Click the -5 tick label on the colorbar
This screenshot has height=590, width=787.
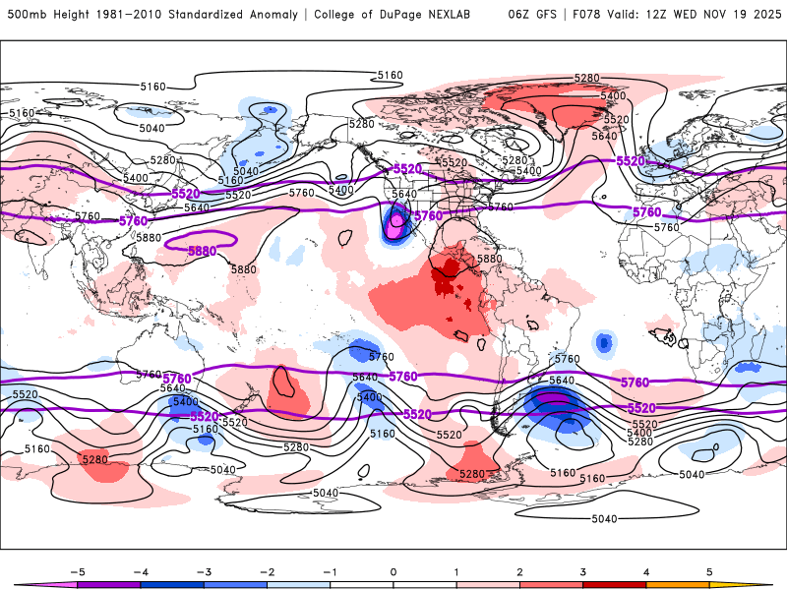(76, 570)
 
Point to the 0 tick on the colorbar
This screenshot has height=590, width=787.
(393, 570)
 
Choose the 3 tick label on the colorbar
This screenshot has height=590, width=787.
(582, 570)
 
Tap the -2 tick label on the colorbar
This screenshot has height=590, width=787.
(266, 570)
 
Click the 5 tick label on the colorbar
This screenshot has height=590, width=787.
(709, 570)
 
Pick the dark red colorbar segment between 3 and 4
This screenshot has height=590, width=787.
(614, 584)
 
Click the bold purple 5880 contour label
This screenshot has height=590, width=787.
(202, 252)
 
